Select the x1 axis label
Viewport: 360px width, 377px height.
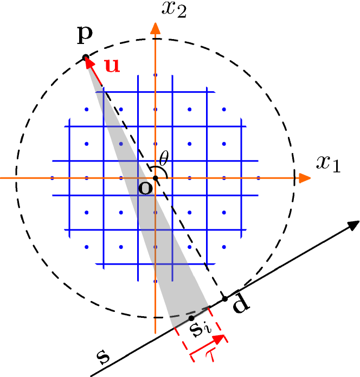pos(329,163)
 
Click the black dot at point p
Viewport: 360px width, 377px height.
pos(85,57)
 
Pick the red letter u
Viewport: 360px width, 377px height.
pos(112,66)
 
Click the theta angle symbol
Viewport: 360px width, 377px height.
pos(164,158)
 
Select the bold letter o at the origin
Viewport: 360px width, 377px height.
pos(145,188)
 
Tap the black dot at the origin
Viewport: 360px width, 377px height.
pos(156,178)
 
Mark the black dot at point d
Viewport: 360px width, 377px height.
pos(225,299)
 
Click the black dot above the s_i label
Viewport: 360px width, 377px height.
pos(191,318)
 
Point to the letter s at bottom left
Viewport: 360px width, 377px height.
pos(102,357)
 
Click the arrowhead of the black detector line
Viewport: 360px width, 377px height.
pos(353,225)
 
